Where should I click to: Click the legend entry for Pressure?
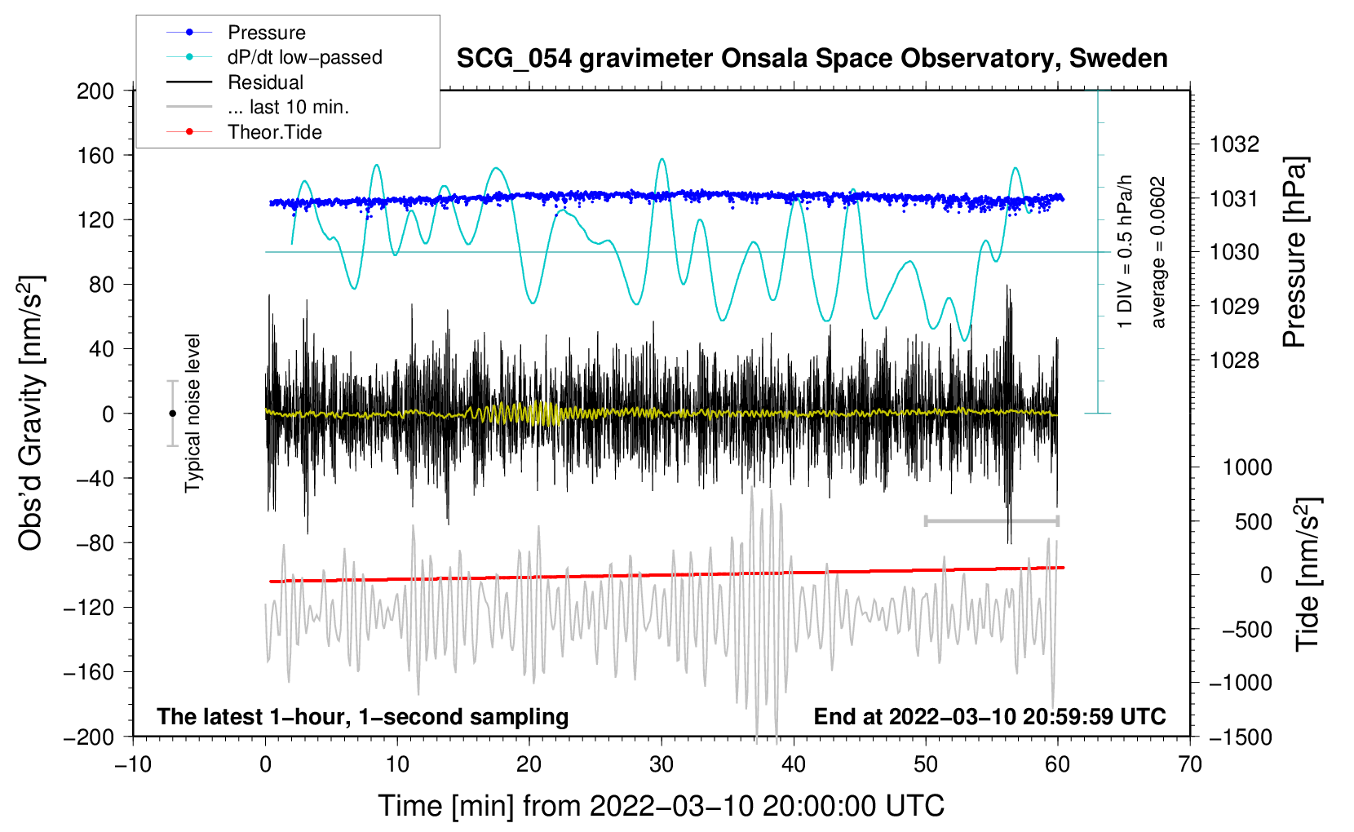[266, 33]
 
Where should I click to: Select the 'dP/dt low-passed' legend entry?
[304, 57]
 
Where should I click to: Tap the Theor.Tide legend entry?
[274, 132]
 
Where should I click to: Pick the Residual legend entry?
[265, 82]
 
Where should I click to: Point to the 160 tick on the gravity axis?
[95, 155]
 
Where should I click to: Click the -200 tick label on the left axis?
[89, 737]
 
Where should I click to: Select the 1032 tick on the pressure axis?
[1234, 144]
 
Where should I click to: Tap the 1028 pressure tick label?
[1234, 361]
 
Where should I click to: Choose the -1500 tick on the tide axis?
[1240, 737]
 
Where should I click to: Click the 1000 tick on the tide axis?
[1246, 467]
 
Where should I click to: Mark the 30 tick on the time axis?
[662, 764]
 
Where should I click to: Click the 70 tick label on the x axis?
[1190, 764]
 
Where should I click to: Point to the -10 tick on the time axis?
[133, 764]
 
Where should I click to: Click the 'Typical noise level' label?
[192, 413]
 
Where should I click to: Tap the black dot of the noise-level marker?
[172, 414]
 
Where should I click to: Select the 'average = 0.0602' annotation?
[1157, 252]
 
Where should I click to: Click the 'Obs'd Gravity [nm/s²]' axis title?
[31, 413]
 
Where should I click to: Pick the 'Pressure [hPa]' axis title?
[1294, 252]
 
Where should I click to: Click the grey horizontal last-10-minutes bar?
[991, 520]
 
